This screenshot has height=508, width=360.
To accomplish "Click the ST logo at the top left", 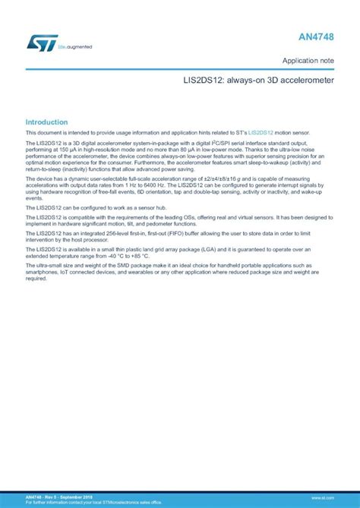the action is pos(38,43).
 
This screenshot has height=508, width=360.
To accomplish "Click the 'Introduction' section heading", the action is pos(46,122).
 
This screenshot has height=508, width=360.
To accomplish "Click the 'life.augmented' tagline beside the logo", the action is pos(74,47).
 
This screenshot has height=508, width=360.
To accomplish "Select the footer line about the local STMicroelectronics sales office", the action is pos(94,503).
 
